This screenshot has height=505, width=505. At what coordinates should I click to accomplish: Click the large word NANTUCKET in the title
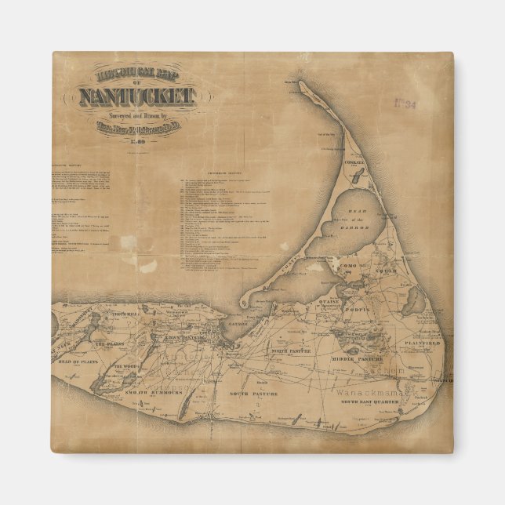click(x=134, y=97)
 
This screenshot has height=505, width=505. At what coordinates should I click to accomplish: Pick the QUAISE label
click(x=329, y=298)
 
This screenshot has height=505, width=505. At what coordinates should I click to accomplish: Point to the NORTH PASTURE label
click(x=271, y=350)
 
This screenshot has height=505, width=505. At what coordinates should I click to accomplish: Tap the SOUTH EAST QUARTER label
click(x=369, y=401)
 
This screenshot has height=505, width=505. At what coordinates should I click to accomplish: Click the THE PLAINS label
click(x=110, y=343)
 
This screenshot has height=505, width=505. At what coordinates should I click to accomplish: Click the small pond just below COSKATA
click(x=351, y=180)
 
